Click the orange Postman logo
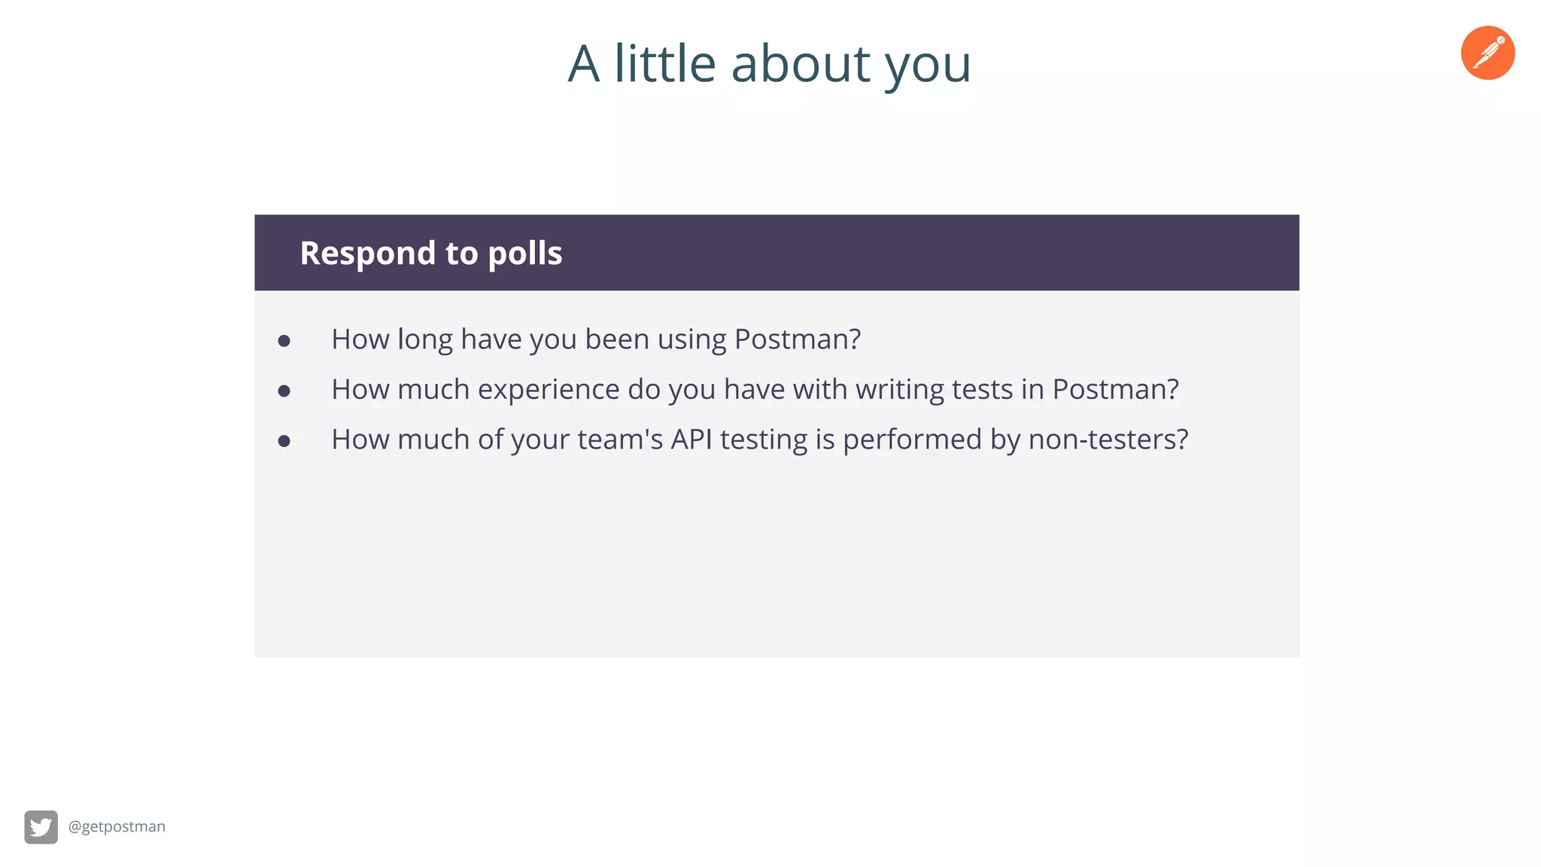pos(1488,53)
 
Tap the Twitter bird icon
pos(41,827)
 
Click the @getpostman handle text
pos(117,826)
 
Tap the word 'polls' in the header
pos(524,254)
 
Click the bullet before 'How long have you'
pos(284,341)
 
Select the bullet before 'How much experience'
pos(284,391)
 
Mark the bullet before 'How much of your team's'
pos(284,441)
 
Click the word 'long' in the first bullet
pos(424,340)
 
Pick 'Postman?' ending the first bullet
pos(797,339)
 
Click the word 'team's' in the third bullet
pos(619,440)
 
